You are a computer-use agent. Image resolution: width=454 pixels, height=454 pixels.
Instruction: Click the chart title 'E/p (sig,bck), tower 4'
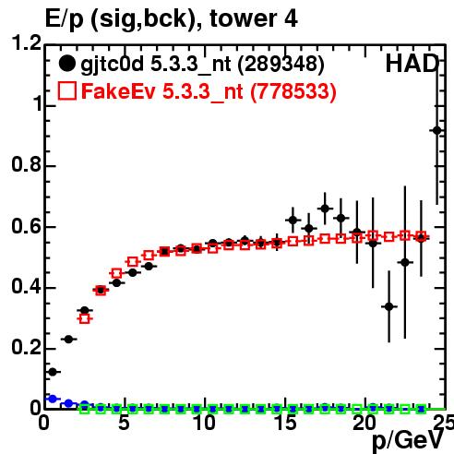tap(171, 19)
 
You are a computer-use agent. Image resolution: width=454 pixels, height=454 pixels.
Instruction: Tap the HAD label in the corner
tap(412, 64)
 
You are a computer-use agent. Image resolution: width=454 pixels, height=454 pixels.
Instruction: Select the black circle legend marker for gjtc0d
tap(66, 64)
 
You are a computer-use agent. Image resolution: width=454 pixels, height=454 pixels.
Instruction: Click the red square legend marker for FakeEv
tap(67, 91)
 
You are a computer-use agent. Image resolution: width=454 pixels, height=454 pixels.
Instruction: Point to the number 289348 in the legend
tap(281, 64)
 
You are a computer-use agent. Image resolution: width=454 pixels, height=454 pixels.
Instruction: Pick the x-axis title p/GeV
tap(408, 441)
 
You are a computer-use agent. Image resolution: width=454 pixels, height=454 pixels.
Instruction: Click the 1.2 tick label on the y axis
tap(26, 42)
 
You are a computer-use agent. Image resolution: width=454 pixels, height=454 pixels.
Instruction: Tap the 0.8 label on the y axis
tap(26, 164)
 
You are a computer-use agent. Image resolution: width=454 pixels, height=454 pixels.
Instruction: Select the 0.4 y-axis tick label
tap(26, 286)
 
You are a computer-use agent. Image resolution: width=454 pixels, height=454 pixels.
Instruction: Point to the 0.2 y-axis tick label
tap(26, 347)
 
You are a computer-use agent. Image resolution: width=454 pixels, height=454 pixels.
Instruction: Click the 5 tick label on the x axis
tap(124, 423)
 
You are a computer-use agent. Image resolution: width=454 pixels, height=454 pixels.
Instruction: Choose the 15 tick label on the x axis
tap(285, 423)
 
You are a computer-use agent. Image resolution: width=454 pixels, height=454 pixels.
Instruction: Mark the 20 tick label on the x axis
tap(364, 423)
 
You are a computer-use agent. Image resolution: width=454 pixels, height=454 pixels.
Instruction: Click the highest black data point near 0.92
tap(436, 131)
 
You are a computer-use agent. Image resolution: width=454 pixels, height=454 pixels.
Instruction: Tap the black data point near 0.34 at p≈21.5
tap(389, 306)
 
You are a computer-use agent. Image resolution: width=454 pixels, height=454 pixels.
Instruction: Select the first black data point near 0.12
tap(53, 372)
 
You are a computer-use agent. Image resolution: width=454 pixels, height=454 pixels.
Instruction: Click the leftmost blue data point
tap(53, 399)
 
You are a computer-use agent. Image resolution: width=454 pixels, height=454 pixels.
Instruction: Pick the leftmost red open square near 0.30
tap(84, 318)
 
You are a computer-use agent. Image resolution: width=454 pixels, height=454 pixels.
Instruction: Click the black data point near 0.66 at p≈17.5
tap(325, 209)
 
